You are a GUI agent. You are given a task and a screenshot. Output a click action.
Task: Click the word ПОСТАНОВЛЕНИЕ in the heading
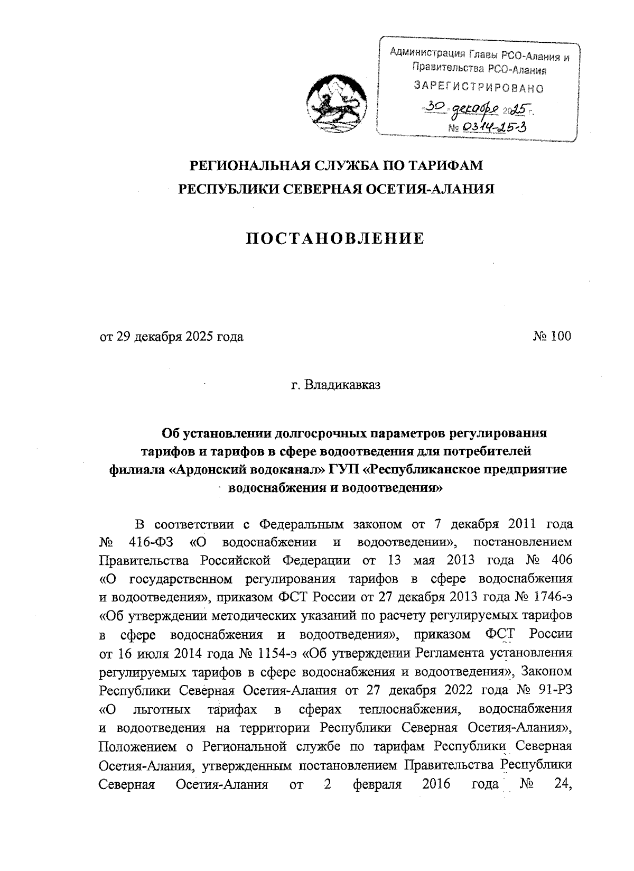[336, 239]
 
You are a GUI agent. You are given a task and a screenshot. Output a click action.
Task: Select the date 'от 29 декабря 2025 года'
[172, 337]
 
